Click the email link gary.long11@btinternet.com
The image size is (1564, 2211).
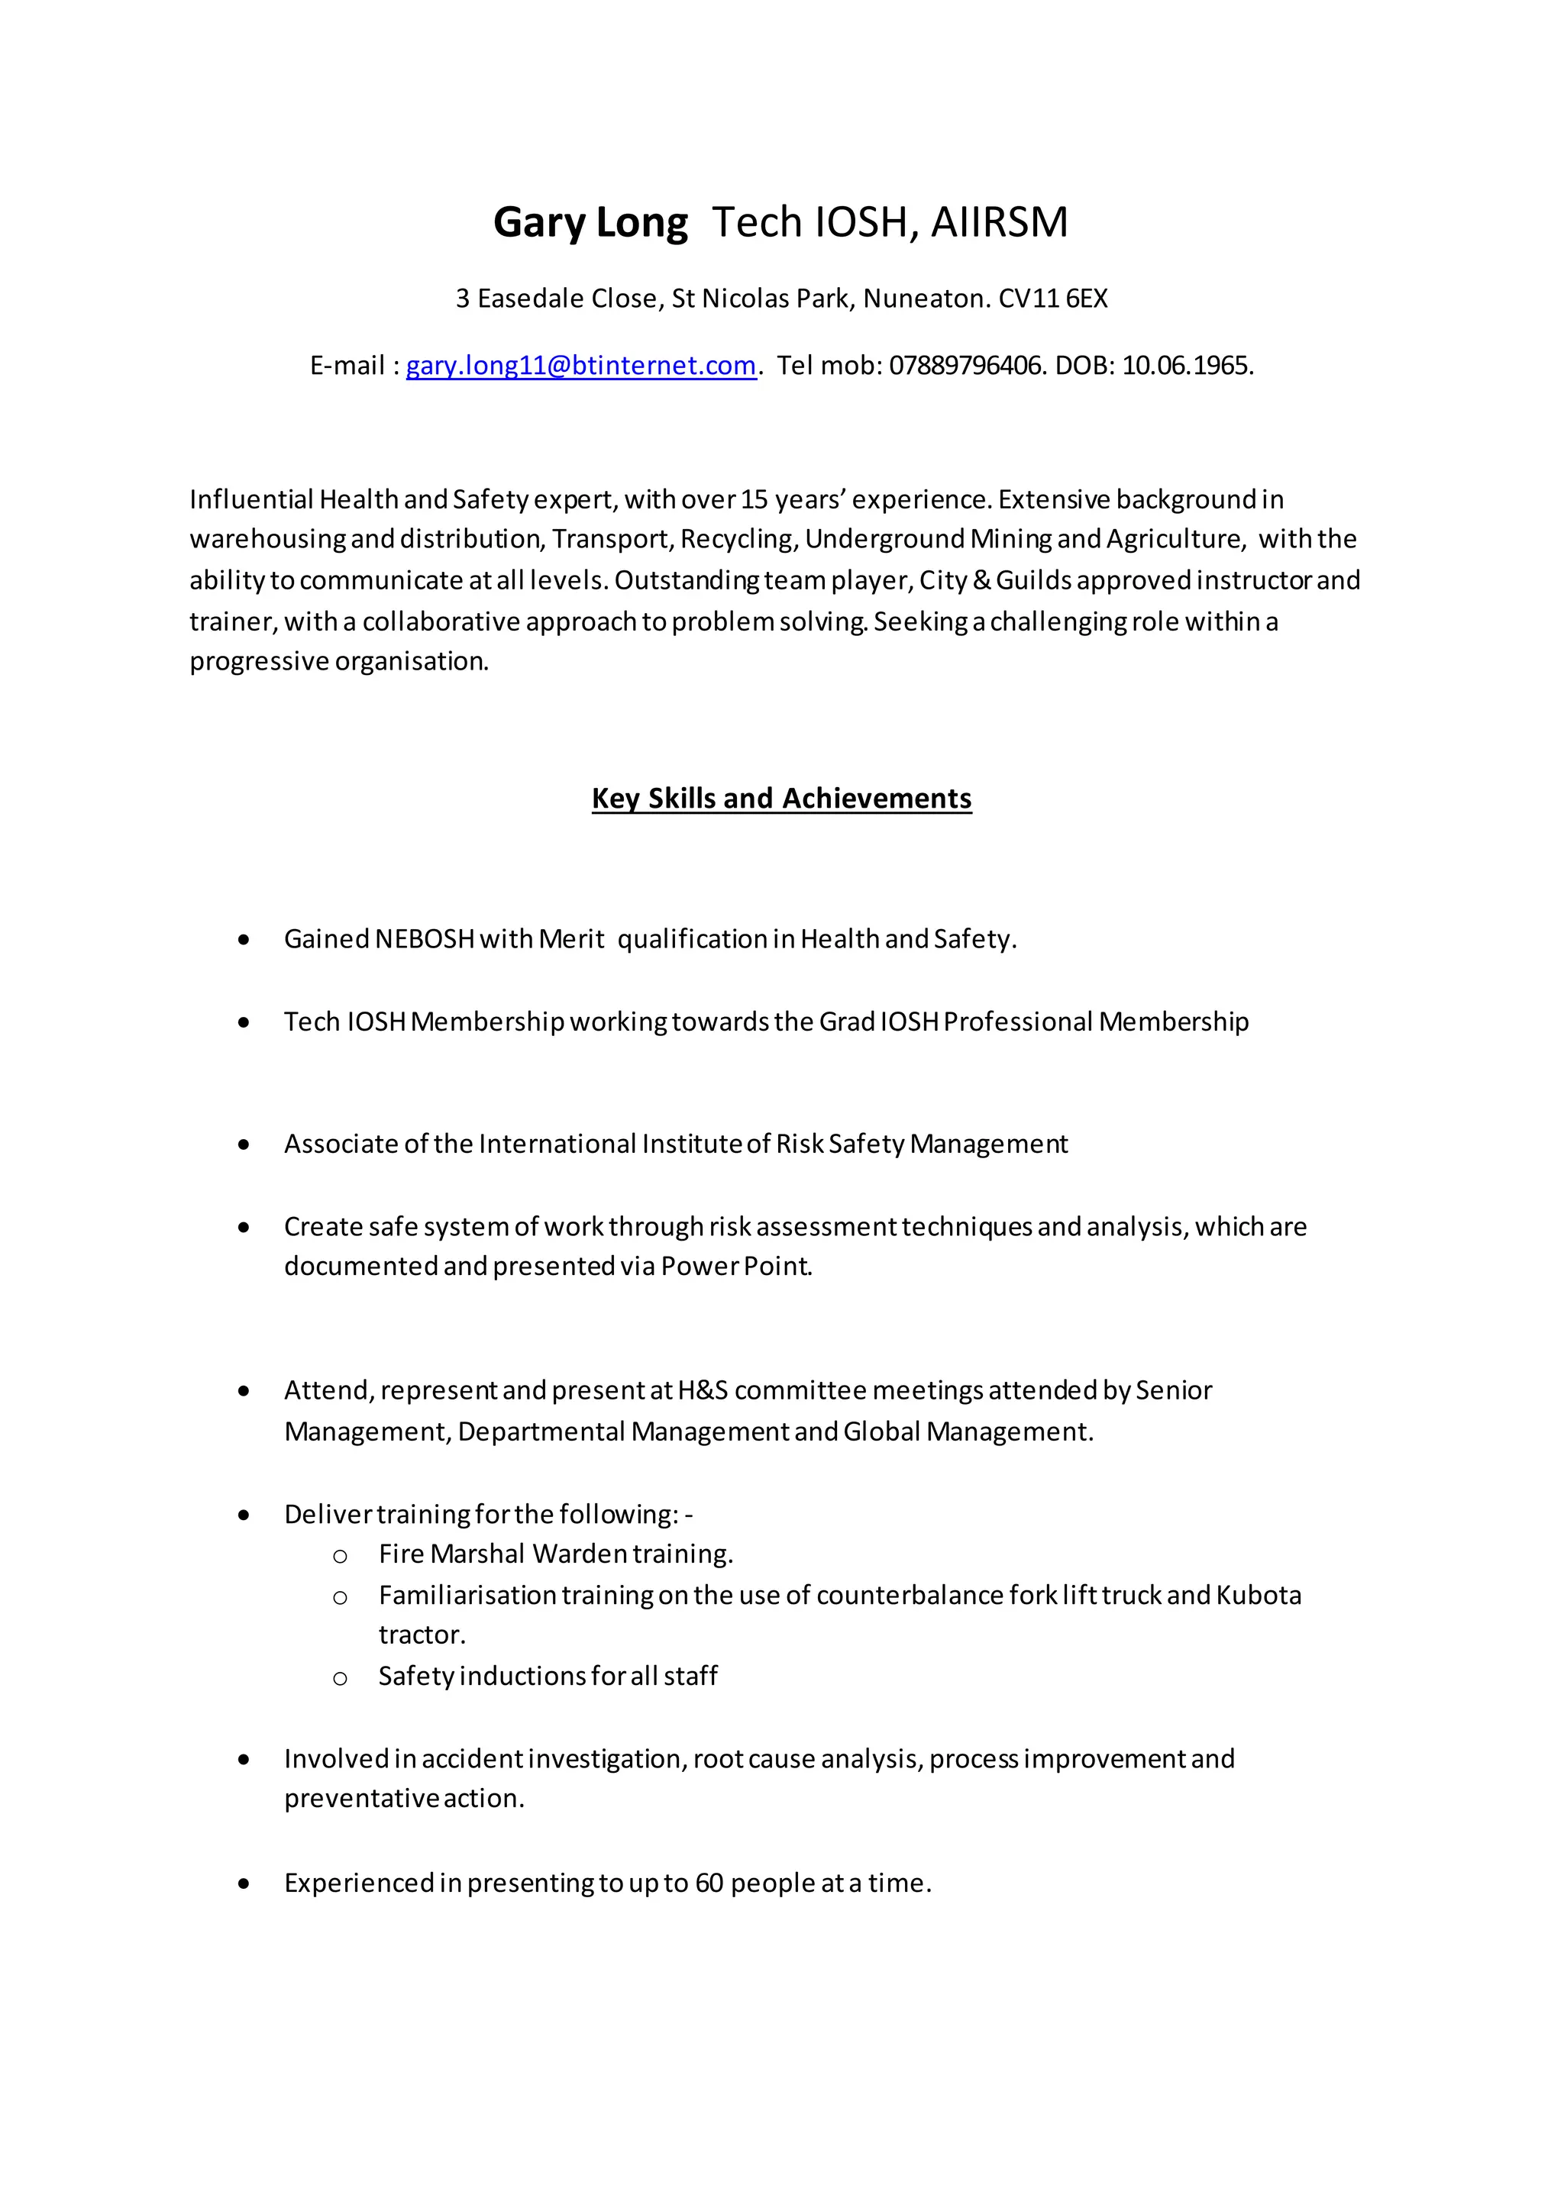coord(580,366)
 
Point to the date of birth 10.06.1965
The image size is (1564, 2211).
coord(1187,366)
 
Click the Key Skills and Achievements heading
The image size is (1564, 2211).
coord(781,799)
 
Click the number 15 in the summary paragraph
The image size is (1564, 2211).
coord(754,500)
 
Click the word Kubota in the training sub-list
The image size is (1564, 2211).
coord(1258,1596)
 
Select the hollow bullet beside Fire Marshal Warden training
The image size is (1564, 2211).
coord(340,1556)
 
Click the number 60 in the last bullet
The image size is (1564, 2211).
coord(709,1883)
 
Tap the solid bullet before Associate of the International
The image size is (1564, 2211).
coord(244,1145)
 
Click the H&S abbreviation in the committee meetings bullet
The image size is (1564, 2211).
coord(702,1390)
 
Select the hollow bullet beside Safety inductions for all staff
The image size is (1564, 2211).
coord(340,1678)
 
